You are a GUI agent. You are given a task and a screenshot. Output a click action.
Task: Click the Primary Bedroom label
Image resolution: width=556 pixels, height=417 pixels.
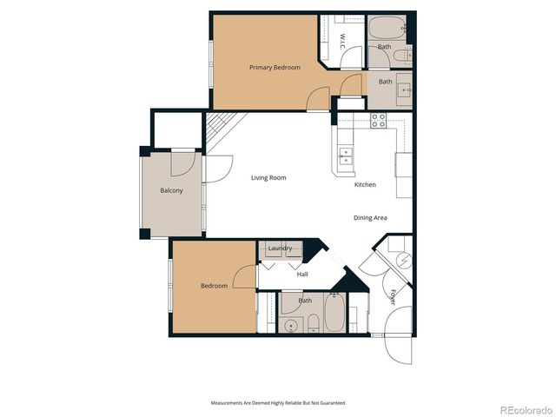click(x=275, y=68)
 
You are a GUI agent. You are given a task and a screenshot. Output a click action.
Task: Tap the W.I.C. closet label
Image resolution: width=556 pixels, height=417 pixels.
click(x=342, y=41)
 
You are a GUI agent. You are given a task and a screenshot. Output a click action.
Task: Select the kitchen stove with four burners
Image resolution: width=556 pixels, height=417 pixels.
click(x=379, y=121)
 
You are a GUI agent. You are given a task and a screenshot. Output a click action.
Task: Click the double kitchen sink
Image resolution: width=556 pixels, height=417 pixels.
click(x=347, y=156)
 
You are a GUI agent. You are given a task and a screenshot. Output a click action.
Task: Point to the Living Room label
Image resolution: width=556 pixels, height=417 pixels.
click(x=268, y=178)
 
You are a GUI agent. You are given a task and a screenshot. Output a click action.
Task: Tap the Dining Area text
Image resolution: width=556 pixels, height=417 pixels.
click(x=370, y=218)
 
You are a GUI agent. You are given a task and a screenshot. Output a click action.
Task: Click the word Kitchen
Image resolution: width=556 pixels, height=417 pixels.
click(x=365, y=185)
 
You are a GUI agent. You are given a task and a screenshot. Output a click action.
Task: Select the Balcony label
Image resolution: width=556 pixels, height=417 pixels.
click(x=171, y=191)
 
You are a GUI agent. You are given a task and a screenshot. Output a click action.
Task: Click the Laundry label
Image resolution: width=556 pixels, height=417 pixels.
click(x=280, y=249)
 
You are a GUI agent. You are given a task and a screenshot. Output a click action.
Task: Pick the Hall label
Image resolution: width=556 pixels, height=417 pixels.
click(x=302, y=275)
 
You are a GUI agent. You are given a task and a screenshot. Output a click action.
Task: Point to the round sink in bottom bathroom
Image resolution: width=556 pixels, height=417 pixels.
click(x=291, y=326)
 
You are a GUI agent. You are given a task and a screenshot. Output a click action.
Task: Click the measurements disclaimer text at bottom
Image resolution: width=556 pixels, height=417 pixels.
click(x=278, y=403)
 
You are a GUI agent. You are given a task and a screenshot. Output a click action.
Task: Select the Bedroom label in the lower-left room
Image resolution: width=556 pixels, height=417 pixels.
click(x=214, y=286)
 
